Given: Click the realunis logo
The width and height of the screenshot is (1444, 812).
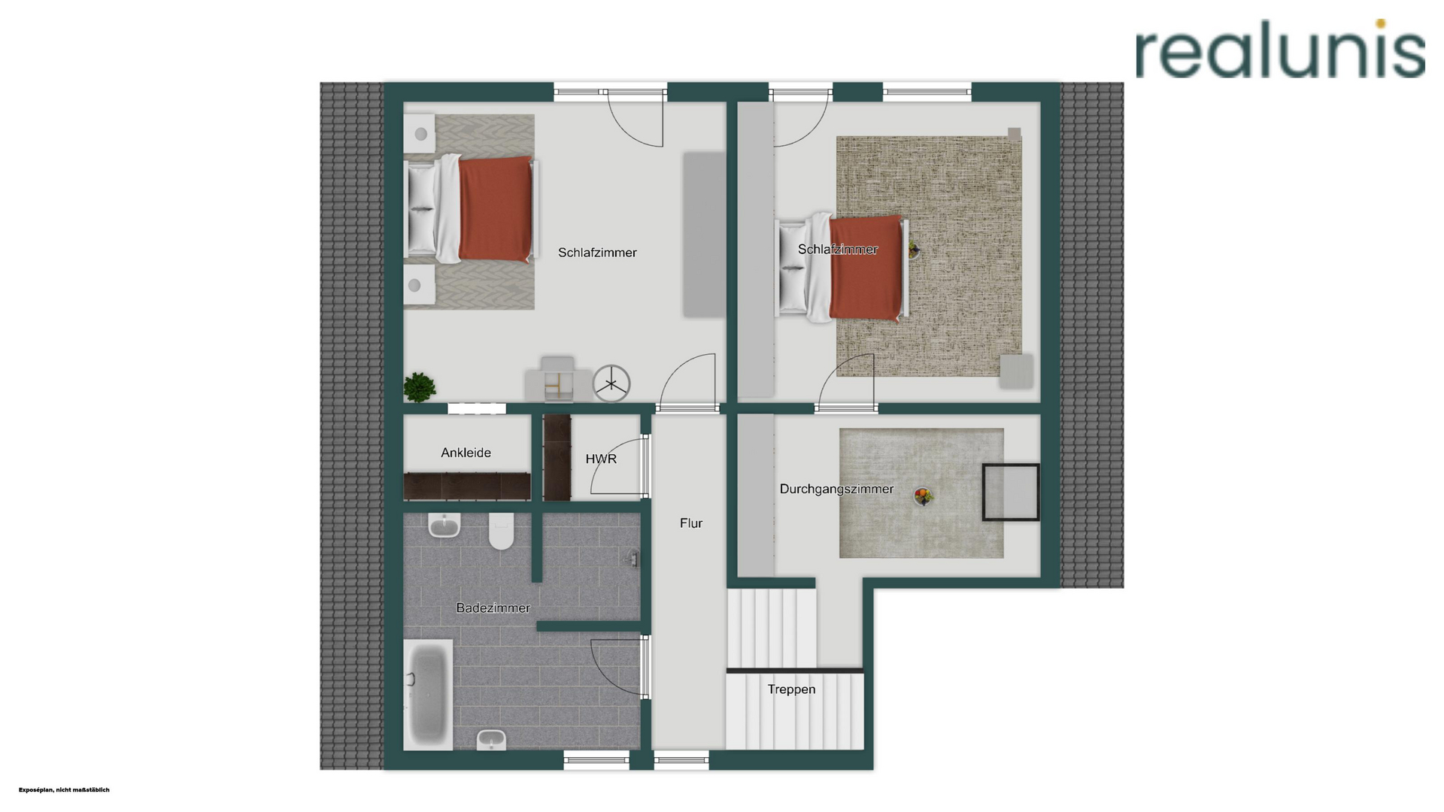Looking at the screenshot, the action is (1280, 49).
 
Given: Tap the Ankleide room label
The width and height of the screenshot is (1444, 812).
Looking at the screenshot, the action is (466, 453).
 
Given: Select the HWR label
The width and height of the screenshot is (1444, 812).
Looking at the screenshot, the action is (601, 459).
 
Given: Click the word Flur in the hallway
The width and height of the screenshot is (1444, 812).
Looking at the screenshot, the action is (690, 523).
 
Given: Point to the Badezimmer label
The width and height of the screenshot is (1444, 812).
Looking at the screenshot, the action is (493, 607).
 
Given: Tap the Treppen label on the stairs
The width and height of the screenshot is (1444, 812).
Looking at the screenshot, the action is (791, 689).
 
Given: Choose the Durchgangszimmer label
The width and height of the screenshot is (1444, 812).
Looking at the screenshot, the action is (836, 489).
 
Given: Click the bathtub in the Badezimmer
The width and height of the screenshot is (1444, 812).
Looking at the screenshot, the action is (428, 695).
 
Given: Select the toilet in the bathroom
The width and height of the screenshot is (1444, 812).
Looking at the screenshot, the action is (501, 530).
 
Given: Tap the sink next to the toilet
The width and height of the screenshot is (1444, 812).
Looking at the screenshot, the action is (444, 525).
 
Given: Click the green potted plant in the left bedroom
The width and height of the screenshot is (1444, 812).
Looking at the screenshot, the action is (419, 387).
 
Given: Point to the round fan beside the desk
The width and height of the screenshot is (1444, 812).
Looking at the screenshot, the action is (611, 383).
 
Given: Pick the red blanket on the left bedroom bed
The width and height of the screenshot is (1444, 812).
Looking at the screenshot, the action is (496, 208).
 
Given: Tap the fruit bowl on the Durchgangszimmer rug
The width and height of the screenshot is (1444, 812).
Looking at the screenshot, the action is (923, 495).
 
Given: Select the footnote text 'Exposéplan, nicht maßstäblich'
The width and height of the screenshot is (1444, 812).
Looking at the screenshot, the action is (64, 789).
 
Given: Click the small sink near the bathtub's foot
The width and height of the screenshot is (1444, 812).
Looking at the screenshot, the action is (491, 740).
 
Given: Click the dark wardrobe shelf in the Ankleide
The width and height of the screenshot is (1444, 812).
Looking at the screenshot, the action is (467, 486).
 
